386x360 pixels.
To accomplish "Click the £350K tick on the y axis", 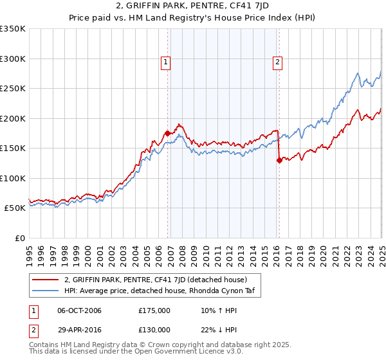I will (13, 29).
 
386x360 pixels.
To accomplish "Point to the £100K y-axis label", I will (13, 178).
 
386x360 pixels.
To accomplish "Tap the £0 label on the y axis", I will (19, 238).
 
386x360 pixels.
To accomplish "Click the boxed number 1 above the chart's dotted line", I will (165, 62).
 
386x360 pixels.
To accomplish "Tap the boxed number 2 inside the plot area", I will (277, 62).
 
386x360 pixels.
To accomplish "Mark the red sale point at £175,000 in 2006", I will (168, 133).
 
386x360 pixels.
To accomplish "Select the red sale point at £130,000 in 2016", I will (279, 161).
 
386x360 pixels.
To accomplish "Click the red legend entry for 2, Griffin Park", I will (154, 279).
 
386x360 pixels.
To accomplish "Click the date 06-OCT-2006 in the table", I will (79, 310).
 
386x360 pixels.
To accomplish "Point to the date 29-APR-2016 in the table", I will (79, 328).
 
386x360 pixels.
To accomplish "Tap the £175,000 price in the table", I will (154, 310).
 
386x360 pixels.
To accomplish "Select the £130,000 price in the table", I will (154, 328).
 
